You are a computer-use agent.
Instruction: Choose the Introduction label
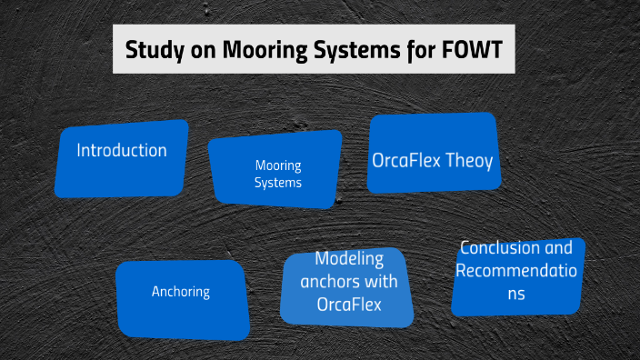(x=122, y=151)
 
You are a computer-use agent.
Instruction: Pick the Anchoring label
(x=181, y=292)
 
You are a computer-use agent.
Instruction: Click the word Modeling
(x=349, y=259)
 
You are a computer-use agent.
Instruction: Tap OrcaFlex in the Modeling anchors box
(x=349, y=304)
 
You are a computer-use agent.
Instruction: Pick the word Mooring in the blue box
(x=277, y=165)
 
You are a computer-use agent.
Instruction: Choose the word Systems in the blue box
(x=277, y=183)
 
